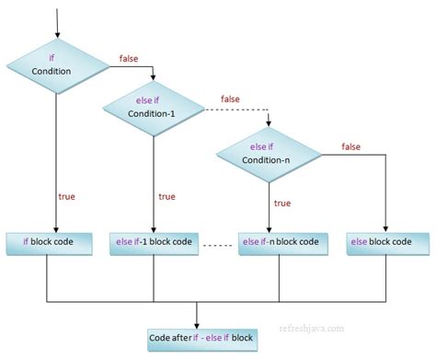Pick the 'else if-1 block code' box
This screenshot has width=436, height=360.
coord(155,242)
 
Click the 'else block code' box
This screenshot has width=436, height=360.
coord(387,242)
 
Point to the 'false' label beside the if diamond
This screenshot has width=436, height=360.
coord(130,58)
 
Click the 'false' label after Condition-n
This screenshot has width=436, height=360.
coord(350,145)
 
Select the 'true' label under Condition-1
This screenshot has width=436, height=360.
coord(166,196)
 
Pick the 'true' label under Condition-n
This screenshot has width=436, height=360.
coord(281,203)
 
